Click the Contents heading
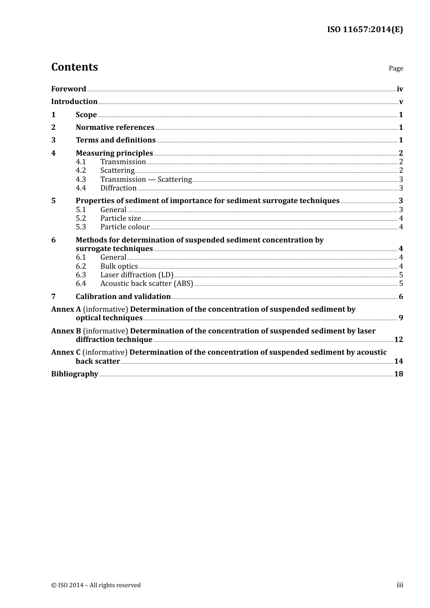[74, 67]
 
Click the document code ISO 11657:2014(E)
[365, 29]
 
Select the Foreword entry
[68, 89]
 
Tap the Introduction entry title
[74, 102]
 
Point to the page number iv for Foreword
[400, 89]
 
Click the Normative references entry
[115, 128]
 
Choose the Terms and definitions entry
[115, 140]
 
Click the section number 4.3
[81, 180]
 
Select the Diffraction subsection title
[118, 188]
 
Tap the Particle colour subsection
[124, 227]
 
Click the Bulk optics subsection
[119, 266]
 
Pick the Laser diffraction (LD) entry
[137, 275]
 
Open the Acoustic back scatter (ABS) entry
[147, 284]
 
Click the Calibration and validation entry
[123, 297]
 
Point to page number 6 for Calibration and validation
[401, 297]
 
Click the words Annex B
[66, 331]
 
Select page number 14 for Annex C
[398, 361]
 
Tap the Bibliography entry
[75, 374]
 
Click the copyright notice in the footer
[96, 585]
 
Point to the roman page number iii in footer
[400, 585]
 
